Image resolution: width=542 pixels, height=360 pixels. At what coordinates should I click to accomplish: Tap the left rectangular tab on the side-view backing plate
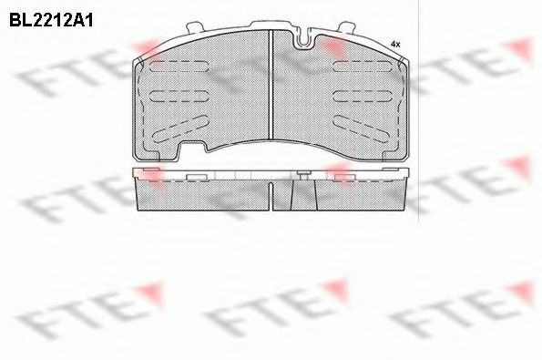point(193,175)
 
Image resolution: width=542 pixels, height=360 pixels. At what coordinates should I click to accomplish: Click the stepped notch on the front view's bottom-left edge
point(192,149)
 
